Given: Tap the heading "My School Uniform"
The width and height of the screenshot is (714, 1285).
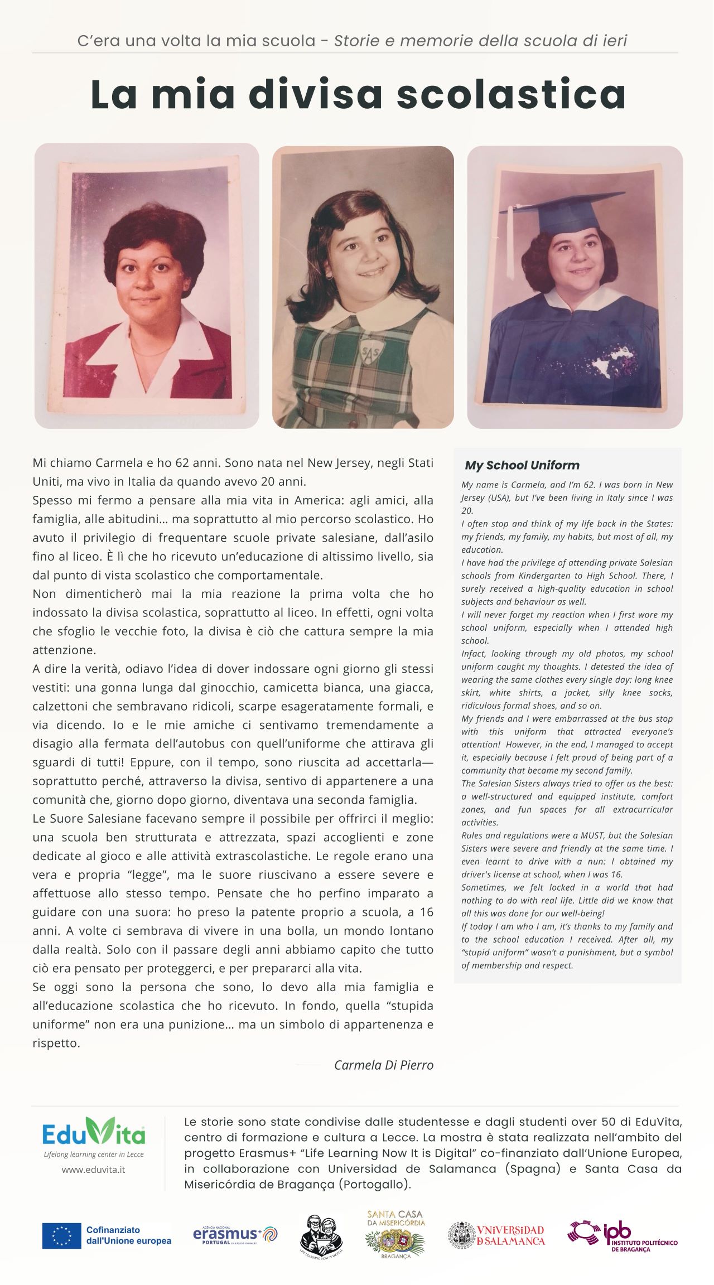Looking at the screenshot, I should click(x=522, y=465).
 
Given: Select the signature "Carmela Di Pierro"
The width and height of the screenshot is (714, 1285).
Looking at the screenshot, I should click(x=383, y=1065).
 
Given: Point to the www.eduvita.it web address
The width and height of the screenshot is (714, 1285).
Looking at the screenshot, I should click(x=93, y=1170).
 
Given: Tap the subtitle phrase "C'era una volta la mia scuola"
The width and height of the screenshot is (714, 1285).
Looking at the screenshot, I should click(x=196, y=41).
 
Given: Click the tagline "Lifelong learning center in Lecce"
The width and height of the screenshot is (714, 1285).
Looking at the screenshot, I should click(x=94, y=1154).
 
